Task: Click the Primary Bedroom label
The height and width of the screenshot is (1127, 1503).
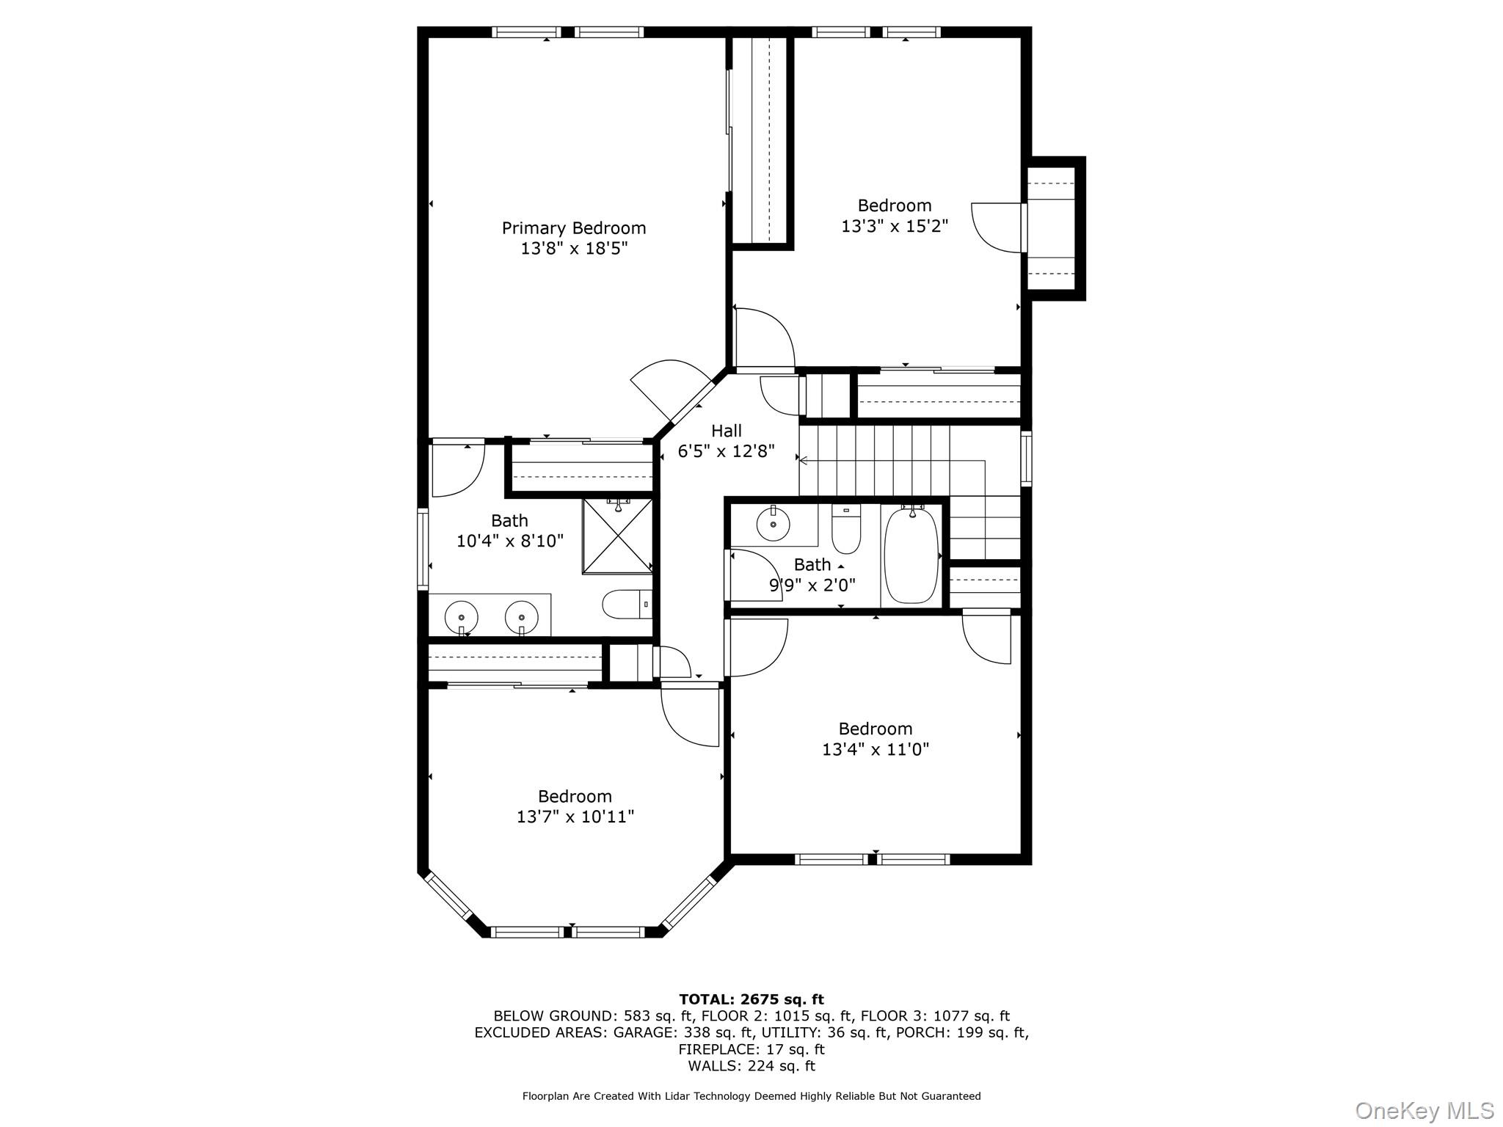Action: tap(573, 228)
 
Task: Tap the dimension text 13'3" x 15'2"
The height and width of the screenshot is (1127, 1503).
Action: tap(894, 226)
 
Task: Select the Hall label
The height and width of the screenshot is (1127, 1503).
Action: tap(726, 431)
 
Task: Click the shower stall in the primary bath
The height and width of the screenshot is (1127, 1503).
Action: tap(618, 536)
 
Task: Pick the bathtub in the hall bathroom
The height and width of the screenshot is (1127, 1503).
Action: tap(911, 555)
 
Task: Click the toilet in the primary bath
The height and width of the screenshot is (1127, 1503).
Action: tap(626, 605)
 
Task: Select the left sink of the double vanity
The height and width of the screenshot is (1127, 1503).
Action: tap(461, 615)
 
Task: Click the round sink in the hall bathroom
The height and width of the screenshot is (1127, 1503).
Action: tap(773, 523)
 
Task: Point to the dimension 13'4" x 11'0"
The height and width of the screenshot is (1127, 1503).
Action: tap(875, 749)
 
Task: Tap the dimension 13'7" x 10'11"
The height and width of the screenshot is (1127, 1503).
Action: tap(575, 817)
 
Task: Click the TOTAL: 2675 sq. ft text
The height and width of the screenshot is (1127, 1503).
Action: tap(751, 999)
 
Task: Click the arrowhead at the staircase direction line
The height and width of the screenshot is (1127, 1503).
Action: tap(803, 461)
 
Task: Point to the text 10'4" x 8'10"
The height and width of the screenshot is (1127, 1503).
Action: tap(509, 541)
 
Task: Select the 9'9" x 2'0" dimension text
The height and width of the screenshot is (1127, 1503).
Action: tap(812, 586)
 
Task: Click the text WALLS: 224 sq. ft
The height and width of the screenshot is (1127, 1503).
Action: tap(751, 1066)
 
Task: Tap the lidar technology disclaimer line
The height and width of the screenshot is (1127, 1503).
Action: tap(751, 1096)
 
